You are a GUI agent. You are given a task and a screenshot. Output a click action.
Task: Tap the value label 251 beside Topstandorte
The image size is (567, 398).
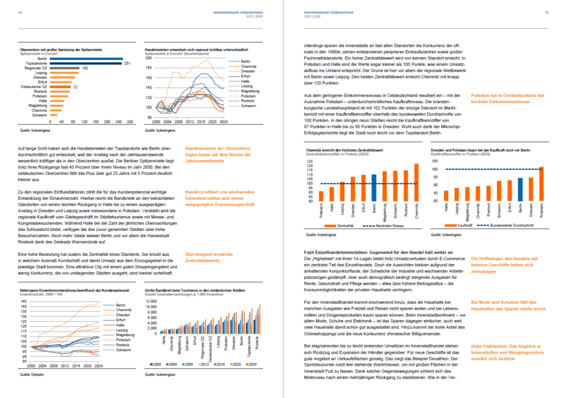coord(126,63)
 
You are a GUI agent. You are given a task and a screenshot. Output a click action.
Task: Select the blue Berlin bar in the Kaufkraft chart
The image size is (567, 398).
coord(520,191)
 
